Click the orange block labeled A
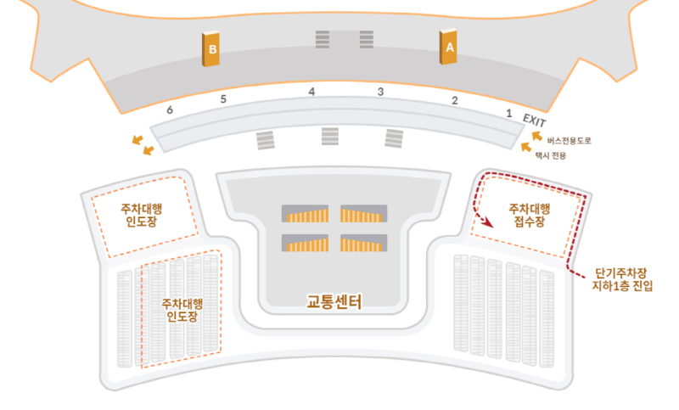(x=449, y=48)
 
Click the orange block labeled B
(x=211, y=50)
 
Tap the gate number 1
(x=508, y=112)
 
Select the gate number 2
(x=455, y=100)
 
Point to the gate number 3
(x=381, y=91)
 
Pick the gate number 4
(x=311, y=91)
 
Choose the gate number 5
(x=223, y=99)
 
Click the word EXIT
(x=534, y=120)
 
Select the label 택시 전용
(x=551, y=155)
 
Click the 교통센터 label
(x=334, y=300)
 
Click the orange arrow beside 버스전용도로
(x=536, y=135)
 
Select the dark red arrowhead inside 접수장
(x=489, y=223)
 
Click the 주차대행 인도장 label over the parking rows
(x=182, y=310)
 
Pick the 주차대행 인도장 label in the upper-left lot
(x=141, y=215)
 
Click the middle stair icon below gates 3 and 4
(x=329, y=136)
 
